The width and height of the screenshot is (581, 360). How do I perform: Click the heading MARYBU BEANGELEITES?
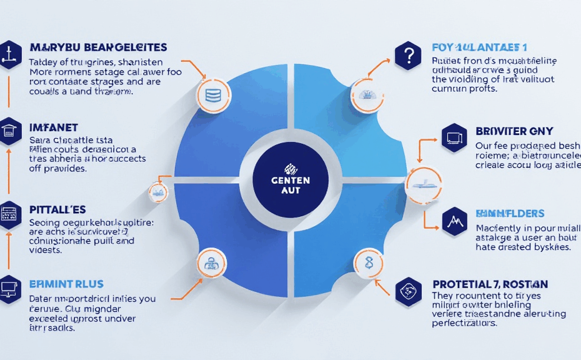pyautogui.click(x=98, y=48)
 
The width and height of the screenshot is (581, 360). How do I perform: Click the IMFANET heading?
pyautogui.click(x=54, y=127)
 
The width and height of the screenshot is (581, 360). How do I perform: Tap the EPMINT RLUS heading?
pyautogui.click(x=66, y=284)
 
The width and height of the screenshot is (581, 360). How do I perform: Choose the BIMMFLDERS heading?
pyautogui.click(x=510, y=214)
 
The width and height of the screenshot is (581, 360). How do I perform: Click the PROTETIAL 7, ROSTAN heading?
pyautogui.click(x=490, y=284)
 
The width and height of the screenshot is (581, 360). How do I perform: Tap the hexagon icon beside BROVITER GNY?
pyautogui.click(x=454, y=137)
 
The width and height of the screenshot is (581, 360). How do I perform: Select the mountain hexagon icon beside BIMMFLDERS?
pyautogui.click(x=454, y=220)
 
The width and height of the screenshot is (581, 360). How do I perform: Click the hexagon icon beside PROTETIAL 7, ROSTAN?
pyautogui.click(x=409, y=291)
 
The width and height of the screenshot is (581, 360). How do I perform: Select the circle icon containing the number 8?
pyautogui.click(x=368, y=262)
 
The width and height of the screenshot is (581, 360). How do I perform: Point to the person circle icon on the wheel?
pyautogui.click(x=211, y=262)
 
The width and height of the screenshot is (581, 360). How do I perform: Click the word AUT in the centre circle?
pyautogui.click(x=290, y=191)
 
